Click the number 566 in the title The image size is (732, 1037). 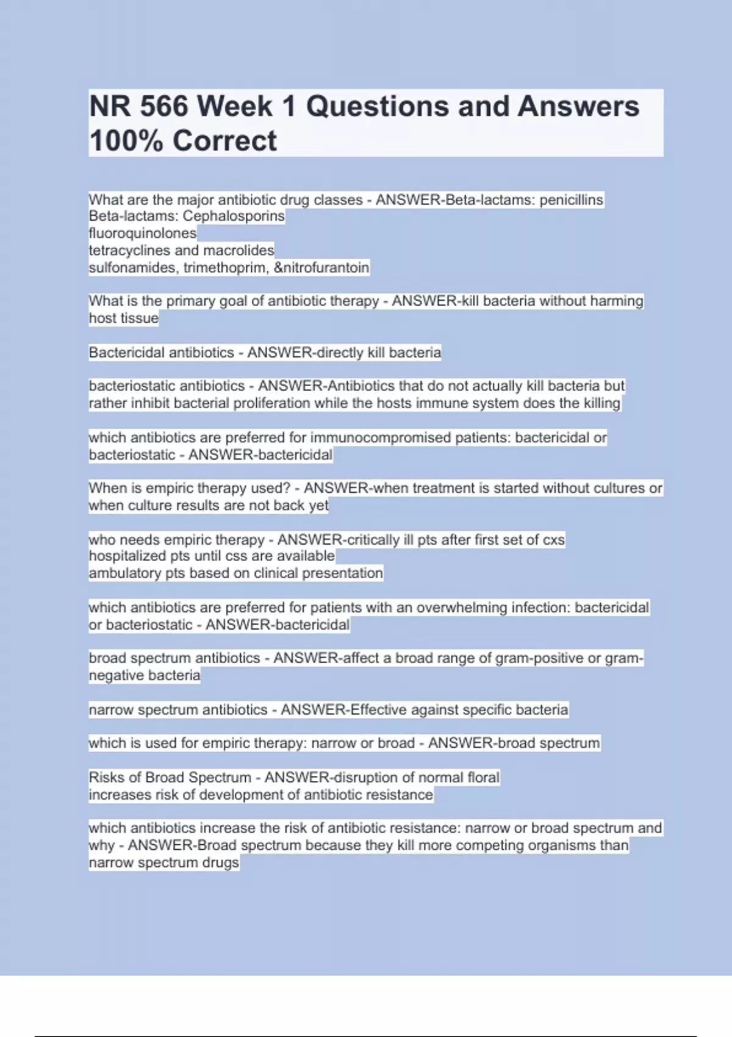coord(163,107)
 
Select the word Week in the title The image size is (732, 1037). coord(234,107)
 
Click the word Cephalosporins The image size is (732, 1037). coord(234,216)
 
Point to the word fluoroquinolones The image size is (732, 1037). coord(143,233)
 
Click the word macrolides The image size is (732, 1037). coord(239,250)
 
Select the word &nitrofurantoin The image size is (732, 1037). coord(321,268)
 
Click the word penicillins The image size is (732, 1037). coord(571,200)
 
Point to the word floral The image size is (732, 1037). coord(483,778)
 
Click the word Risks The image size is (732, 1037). coord(106,778)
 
